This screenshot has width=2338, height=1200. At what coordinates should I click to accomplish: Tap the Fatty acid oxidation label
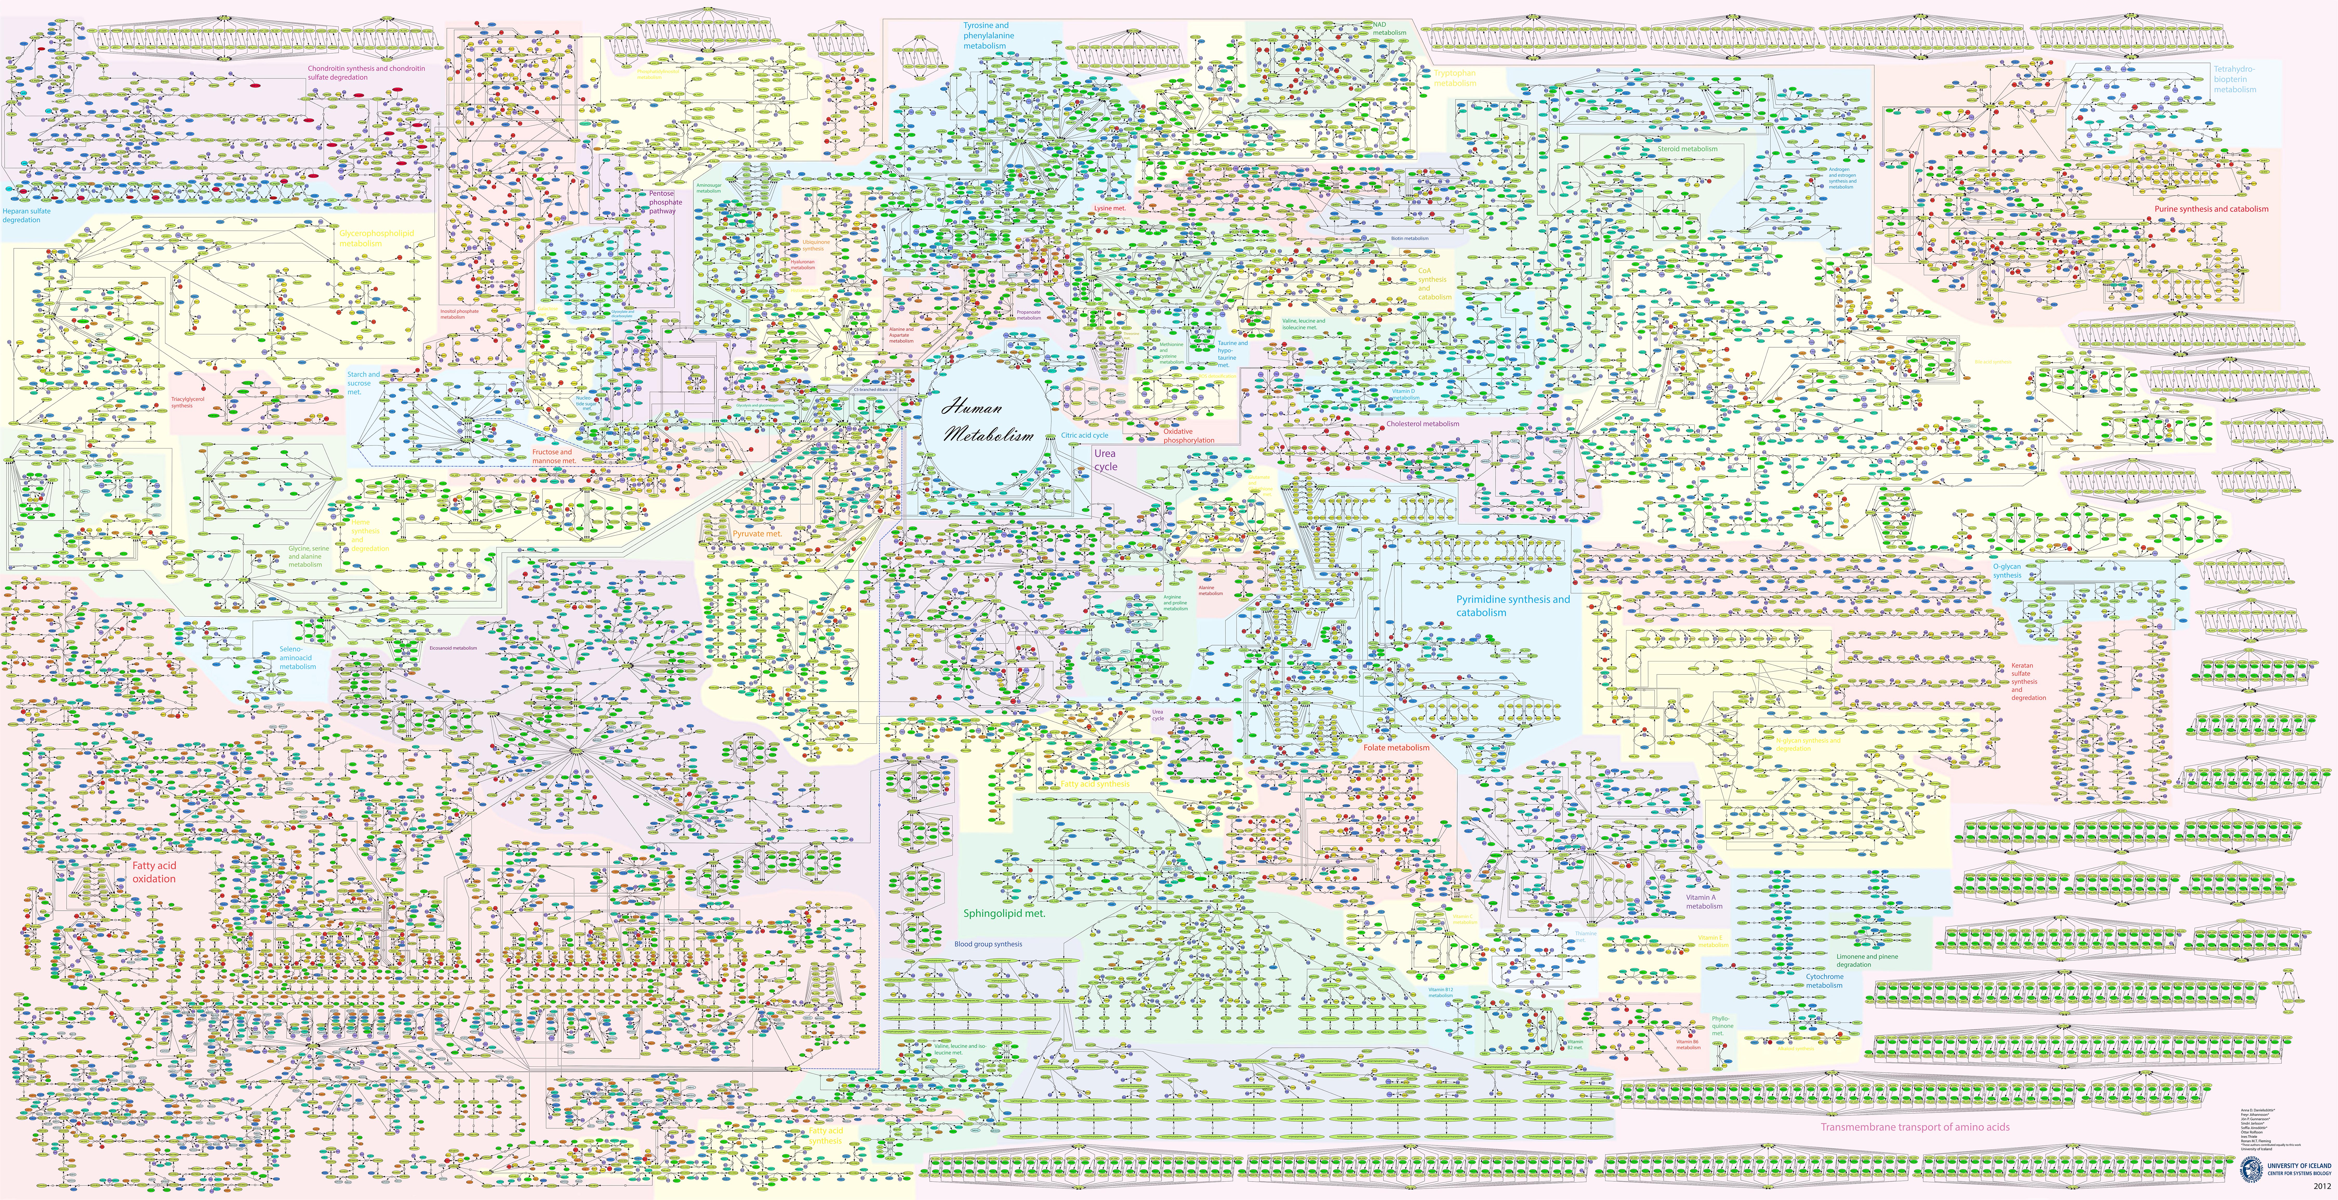point(154,872)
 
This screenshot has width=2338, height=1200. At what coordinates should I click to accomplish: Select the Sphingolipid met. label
point(1004,913)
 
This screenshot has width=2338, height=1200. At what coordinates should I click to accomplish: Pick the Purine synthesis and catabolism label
point(2211,209)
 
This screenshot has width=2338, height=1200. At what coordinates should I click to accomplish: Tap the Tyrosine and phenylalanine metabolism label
point(988,35)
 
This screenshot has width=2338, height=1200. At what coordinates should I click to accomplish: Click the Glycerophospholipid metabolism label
point(376,238)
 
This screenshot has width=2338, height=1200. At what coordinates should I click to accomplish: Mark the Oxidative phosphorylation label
point(1188,436)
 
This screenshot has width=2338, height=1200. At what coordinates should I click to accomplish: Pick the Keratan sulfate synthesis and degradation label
point(2028,681)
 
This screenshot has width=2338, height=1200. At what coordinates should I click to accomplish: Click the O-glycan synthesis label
point(2007,570)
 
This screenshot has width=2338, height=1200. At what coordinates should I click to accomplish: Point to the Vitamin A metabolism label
point(1704,901)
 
